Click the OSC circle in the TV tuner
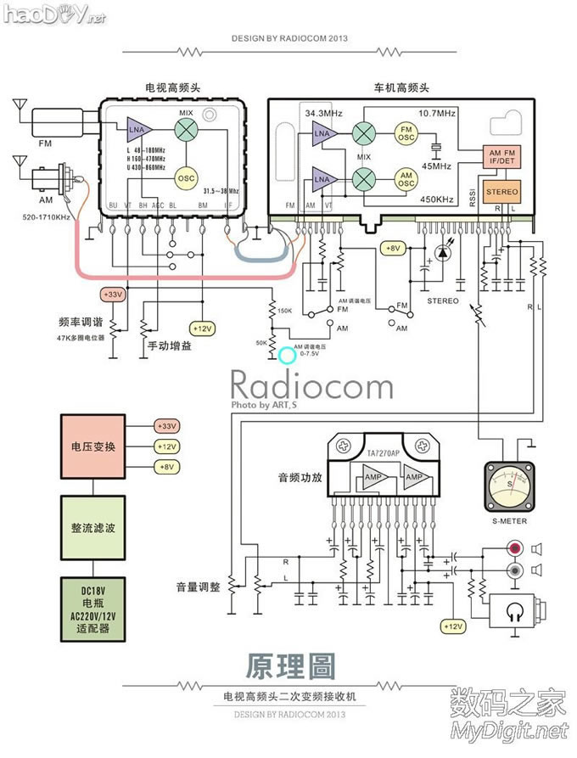[186, 177]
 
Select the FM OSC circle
[406, 133]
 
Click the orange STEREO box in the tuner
[501, 192]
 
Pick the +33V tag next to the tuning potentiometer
[112, 295]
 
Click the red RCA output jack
[514, 549]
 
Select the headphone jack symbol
[515, 609]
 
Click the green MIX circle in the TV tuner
[186, 129]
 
